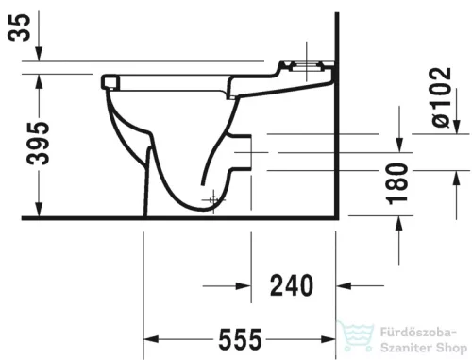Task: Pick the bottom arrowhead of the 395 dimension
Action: [37, 212]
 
